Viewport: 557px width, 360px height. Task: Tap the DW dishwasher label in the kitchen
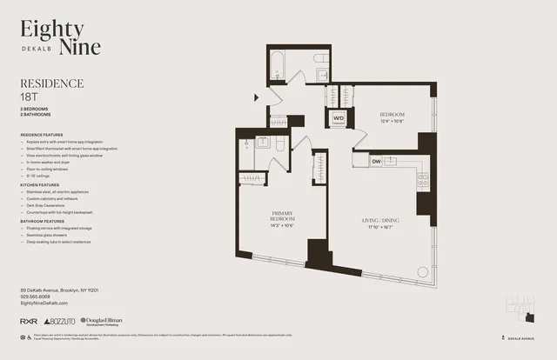[x=377, y=161]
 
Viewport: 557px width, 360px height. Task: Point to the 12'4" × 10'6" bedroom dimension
[x=393, y=121]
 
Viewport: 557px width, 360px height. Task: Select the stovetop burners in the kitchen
[x=423, y=181]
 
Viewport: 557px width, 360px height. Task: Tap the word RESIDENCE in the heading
[x=51, y=83]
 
